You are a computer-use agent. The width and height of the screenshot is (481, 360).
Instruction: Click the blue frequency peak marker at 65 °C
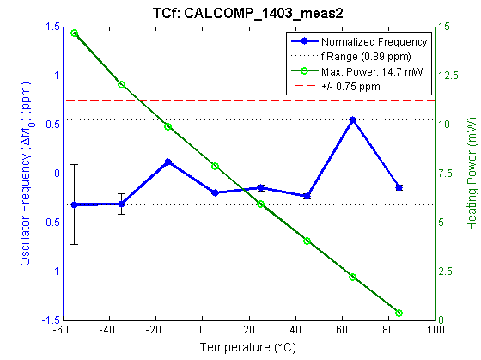352,120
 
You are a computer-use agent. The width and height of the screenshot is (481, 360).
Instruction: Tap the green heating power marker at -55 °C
75,34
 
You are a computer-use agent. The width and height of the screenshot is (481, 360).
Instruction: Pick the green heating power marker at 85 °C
399,313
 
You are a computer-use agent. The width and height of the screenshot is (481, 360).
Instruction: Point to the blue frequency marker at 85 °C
399,186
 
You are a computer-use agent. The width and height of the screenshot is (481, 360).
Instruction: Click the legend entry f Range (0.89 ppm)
368,57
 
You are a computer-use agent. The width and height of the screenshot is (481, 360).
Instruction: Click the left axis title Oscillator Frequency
25,173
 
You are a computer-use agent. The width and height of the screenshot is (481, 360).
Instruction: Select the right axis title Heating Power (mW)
472,173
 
